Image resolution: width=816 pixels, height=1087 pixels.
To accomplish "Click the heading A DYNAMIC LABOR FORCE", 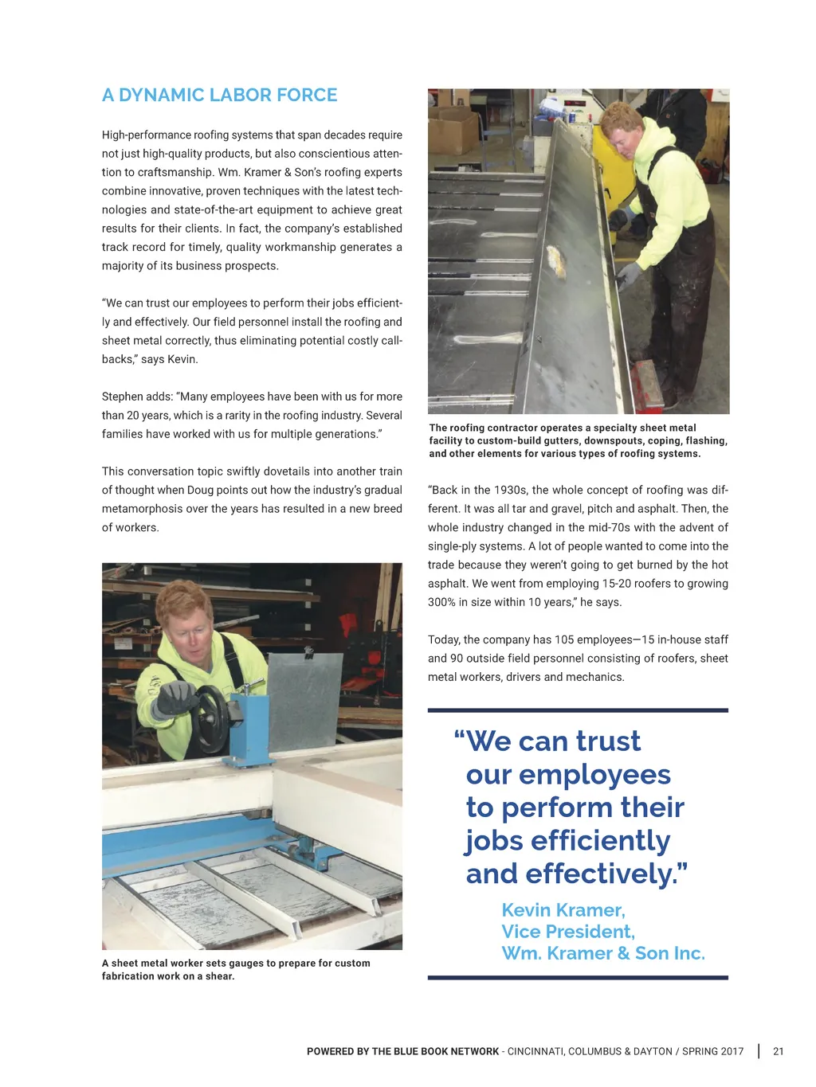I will coord(219,96).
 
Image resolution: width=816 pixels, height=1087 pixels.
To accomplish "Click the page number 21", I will coord(779,1051).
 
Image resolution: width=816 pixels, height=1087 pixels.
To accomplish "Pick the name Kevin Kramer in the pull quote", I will coord(563,909).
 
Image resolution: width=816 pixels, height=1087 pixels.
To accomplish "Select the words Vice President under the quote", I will coord(567,932).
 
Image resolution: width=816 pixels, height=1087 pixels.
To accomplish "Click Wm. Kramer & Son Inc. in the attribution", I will coord(602,953).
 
